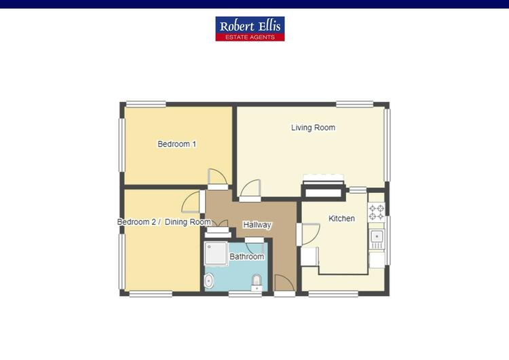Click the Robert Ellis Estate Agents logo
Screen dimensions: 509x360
click(250, 29)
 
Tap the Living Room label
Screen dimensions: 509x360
click(313, 128)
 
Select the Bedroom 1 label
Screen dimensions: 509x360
click(176, 143)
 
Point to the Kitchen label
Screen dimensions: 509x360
click(341, 218)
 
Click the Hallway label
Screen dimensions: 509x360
click(257, 225)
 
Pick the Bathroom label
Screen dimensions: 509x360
click(247, 256)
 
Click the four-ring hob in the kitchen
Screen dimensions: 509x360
click(376, 212)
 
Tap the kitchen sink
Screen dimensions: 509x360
click(377, 239)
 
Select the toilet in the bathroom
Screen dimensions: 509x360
click(257, 283)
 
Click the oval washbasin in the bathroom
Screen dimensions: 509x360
click(209, 281)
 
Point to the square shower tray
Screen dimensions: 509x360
click(216, 253)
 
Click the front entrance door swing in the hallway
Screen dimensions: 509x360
click(284, 283)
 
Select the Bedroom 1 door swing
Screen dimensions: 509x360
click(217, 177)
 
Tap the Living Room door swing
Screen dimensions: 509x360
click(250, 188)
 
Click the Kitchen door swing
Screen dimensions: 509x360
click(311, 234)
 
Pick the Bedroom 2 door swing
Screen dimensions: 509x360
click(191, 202)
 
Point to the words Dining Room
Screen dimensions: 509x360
click(188, 222)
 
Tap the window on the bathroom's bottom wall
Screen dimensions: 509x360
click(245, 294)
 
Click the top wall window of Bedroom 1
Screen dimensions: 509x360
click(146, 104)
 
